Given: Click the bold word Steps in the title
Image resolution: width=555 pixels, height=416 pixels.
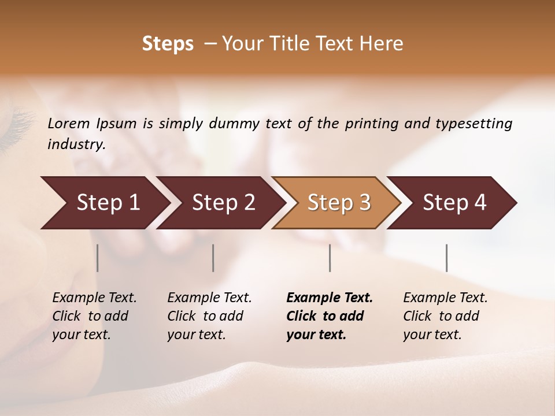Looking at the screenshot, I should point(168,44).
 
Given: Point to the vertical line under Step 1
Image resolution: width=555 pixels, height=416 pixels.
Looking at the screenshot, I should point(98,258).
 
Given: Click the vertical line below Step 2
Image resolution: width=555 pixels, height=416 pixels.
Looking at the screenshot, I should point(213,258).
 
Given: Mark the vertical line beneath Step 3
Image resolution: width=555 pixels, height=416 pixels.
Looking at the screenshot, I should point(330,258).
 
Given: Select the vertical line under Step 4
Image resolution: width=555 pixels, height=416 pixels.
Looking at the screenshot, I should point(446,258).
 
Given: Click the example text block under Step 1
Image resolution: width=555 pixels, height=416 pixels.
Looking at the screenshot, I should point(94,316).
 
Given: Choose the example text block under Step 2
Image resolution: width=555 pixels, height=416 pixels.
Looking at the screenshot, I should point(209,316).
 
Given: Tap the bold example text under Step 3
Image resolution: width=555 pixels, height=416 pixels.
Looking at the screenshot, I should point(330,316).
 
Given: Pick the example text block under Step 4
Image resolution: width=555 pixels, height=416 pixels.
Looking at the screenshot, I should point(445,316).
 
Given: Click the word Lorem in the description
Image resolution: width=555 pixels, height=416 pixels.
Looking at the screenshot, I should point(69,124).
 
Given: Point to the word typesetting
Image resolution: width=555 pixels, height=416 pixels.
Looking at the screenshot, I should point(475,124).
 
